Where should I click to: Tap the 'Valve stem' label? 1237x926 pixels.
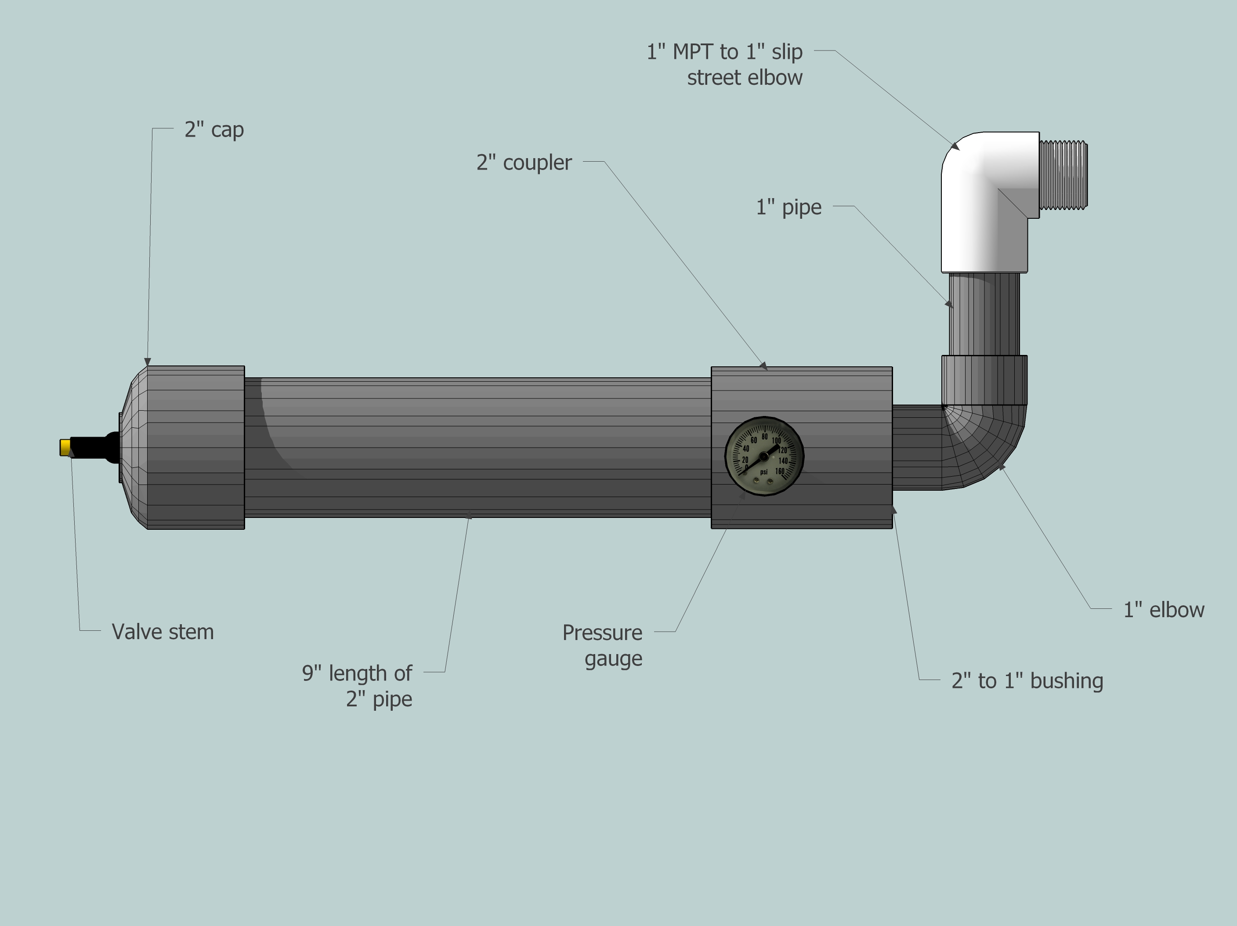[162, 632]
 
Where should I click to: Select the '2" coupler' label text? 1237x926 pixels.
[524, 163]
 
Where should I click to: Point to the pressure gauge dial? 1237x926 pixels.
[764, 456]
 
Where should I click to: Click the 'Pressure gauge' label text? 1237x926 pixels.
[603, 645]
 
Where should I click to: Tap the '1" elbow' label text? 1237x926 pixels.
[1163, 610]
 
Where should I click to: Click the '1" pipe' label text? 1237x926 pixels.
[788, 207]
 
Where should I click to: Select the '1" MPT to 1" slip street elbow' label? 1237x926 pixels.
[725, 64]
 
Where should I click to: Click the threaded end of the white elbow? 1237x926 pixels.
[1063, 175]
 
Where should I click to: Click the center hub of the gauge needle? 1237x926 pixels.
[763, 457]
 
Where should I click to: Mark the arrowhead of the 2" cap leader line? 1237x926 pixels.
[148, 362]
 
